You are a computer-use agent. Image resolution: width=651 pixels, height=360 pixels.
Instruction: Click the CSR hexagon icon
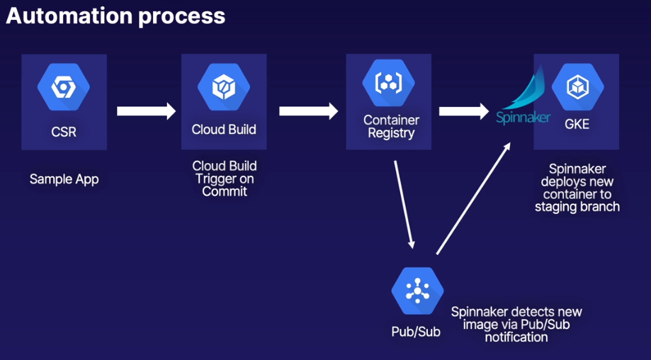pyautogui.click(x=64, y=88)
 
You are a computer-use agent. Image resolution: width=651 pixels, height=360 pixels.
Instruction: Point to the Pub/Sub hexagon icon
pyautogui.click(x=417, y=291)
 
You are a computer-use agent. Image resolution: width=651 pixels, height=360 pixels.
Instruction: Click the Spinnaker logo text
pyautogui.click(x=523, y=118)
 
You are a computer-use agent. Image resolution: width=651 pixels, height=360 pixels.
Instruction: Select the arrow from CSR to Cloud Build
pyautogui.click(x=145, y=111)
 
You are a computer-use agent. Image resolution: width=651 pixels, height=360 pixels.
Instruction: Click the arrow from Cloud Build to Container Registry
pyautogui.click(x=308, y=111)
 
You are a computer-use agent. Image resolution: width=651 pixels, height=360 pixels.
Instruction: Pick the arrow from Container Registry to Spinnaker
pyautogui.click(x=464, y=111)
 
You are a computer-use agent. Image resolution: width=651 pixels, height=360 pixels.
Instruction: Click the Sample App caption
pyautogui.click(x=64, y=179)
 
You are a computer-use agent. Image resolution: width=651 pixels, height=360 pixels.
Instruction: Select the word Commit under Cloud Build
pyautogui.click(x=224, y=191)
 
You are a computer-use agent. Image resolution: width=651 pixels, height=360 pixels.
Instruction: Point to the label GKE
pyautogui.click(x=577, y=124)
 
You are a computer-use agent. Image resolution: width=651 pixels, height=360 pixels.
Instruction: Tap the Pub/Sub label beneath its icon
pyautogui.click(x=416, y=331)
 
